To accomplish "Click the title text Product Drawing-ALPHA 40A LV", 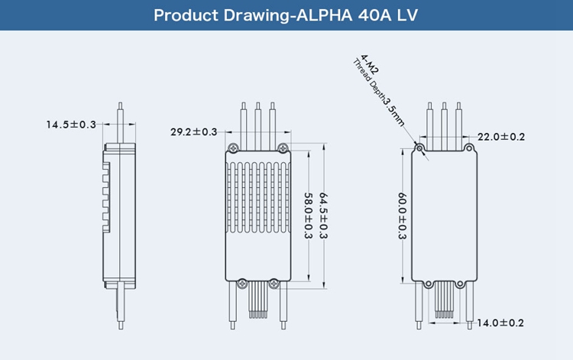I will click(x=286, y=15).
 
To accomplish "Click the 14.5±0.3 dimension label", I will click(x=71, y=124).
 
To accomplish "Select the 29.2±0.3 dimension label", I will click(x=194, y=132).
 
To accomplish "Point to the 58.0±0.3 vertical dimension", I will click(x=308, y=216).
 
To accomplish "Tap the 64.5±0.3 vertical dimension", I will click(x=323, y=216).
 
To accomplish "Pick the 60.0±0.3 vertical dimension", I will click(x=402, y=216).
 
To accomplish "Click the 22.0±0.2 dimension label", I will click(x=501, y=137).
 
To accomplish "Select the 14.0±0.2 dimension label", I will click(x=501, y=323).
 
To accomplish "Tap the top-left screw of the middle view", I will click(x=234, y=148).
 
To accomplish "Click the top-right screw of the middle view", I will click(x=283, y=148).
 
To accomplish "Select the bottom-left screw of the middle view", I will click(x=242, y=284).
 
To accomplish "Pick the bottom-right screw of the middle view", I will click(x=277, y=284).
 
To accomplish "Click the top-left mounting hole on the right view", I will click(x=419, y=145).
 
